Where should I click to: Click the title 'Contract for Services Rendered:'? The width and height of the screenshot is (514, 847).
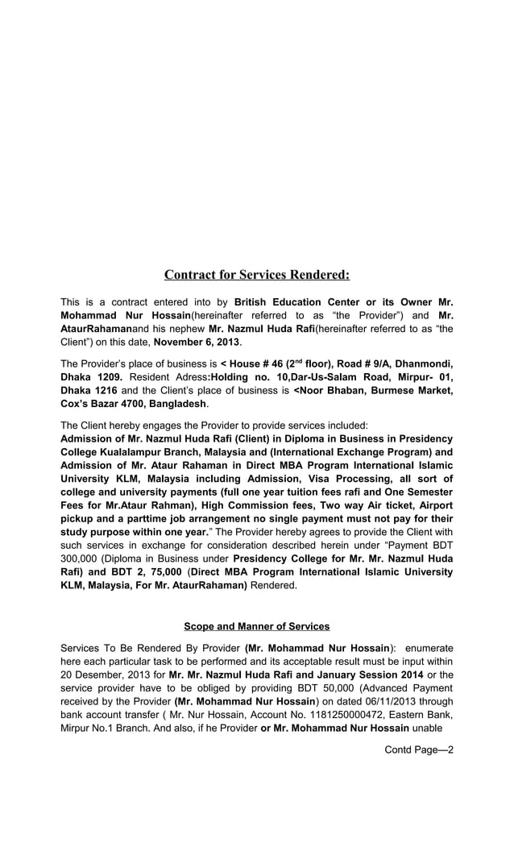click(x=257, y=275)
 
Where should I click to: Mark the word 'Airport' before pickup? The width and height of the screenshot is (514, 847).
click(x=433, y=504)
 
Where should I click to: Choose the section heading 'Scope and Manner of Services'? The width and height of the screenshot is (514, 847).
click(x=257, y=626)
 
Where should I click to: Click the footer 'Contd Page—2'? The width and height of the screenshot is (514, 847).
click(x=419, y=749)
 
